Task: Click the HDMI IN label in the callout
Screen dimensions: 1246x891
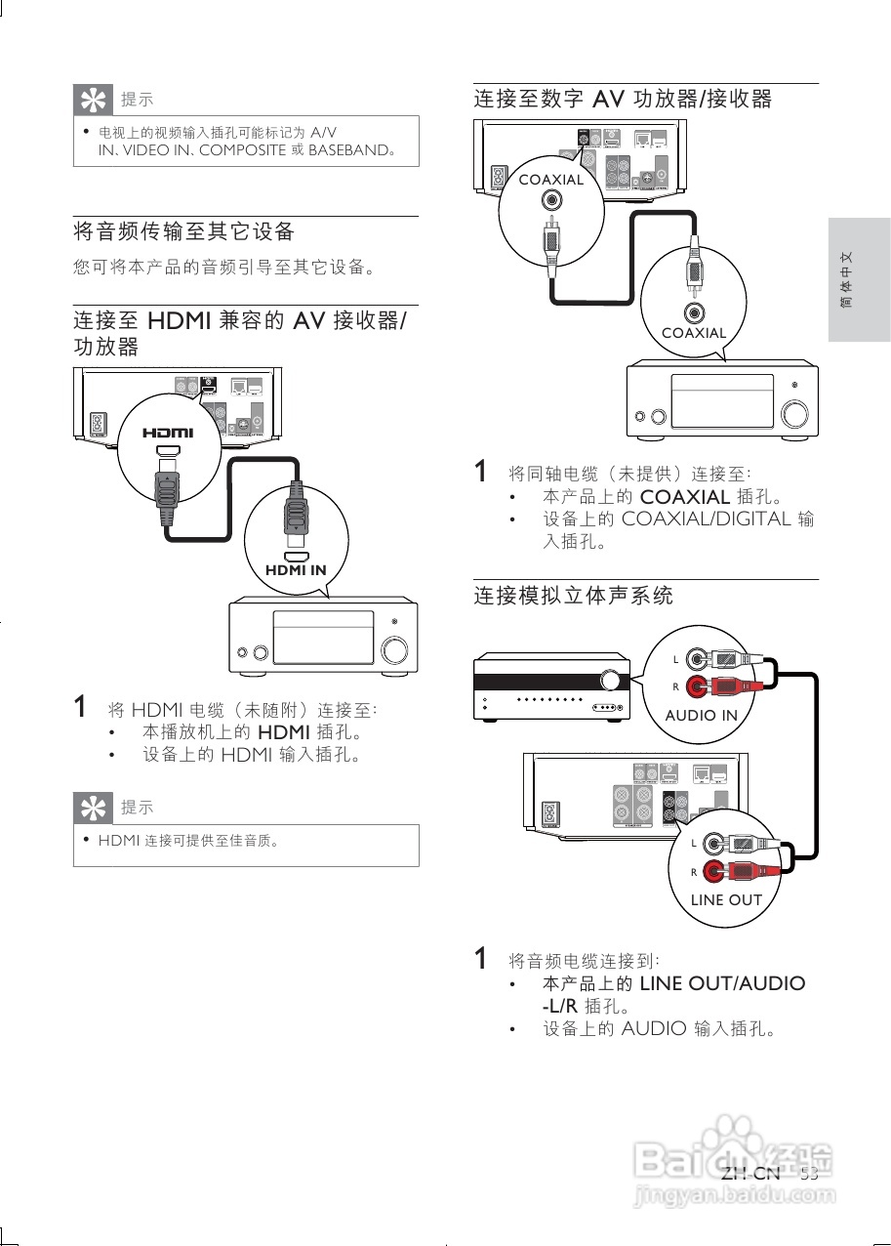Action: coord(296,570)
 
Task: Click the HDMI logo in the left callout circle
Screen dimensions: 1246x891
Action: coord(169,433)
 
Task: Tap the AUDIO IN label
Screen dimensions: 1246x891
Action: coord(701,715)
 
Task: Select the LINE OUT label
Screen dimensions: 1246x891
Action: coord(725,899)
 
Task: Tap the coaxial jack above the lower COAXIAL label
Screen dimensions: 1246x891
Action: coord(694,312)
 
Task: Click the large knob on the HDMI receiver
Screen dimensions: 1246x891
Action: coord(395,651)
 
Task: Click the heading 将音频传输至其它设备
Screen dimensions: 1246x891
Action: coord(184,231)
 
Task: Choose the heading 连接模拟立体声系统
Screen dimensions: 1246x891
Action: coord(574,595)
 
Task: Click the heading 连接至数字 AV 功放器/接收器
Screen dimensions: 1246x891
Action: coord(623,99)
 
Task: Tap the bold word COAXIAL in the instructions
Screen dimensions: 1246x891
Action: coord(684,497)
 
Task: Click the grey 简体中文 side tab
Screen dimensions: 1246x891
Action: coord(859,280)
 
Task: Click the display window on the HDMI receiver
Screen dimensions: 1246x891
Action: coord(323,637)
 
